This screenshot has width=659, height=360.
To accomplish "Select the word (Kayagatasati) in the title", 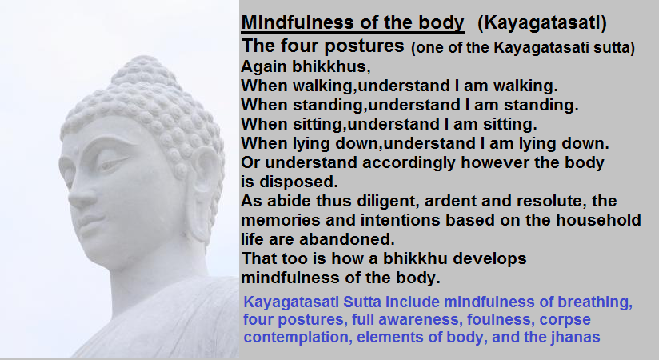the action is tap(542, 22).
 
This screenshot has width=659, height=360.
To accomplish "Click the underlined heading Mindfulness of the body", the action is tap(353, 22).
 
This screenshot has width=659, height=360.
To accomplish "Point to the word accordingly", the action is tap(409, 163).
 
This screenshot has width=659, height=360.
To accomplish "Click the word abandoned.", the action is tap(347, 239).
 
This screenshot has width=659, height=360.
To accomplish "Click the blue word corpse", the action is tap(565, 320).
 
